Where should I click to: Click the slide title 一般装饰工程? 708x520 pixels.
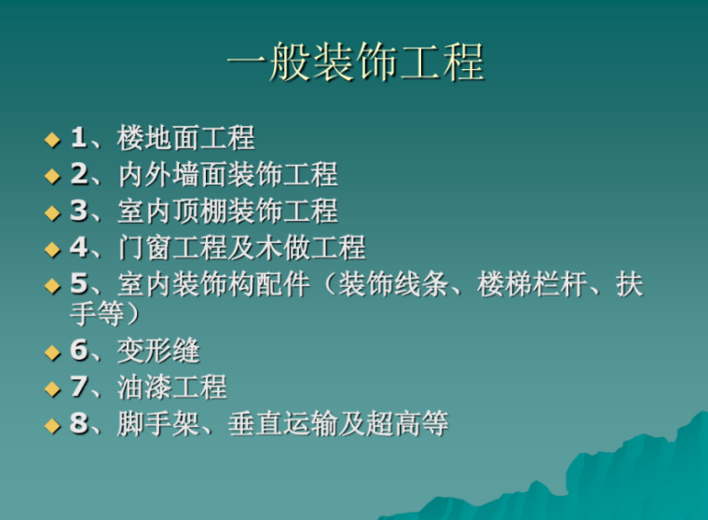pos(356,64)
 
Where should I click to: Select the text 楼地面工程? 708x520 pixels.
pos(185,140)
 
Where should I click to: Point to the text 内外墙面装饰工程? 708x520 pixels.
pos(227,175)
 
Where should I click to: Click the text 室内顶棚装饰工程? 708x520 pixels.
pos(227,212)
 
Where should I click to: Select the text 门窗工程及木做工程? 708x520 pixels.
pos(241,248)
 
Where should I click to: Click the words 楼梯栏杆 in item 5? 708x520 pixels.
pos(531,284)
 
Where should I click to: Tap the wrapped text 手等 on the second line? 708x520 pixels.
pos(97,313)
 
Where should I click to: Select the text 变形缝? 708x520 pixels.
pos(158,351)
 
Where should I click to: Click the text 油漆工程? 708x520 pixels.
pos(172,388)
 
